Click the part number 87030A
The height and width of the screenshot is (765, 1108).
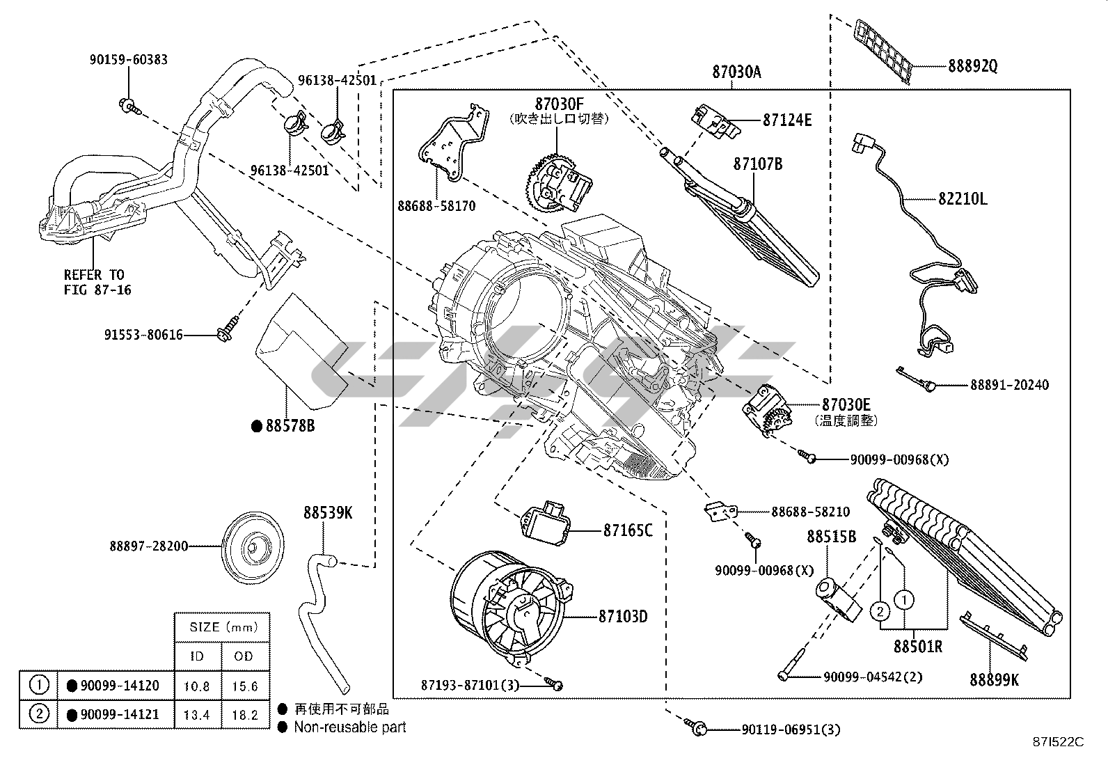pyautogui.click(x=736, y=72)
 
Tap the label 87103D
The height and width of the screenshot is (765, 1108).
pyautogui.click(x=623, y=617)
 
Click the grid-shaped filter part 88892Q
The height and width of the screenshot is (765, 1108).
pyautogui.click(x=885, y=50)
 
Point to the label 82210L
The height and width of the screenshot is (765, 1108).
pyautogui.click(x=963, y=199)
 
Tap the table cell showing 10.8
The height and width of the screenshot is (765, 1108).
pyautogui.click(x=197, y=686)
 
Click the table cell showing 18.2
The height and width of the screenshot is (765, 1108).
pyautogui.click(x=244, y=715)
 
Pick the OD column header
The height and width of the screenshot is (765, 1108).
pyautogui.click(x=244, y=656)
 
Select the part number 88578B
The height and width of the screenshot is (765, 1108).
pyautogui.click(x=290, y=425)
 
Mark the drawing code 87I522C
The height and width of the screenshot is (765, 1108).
pyautogui.click(x=1059, y=741)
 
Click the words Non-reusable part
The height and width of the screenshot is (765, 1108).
pyautogui.click(x=349, y=727)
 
